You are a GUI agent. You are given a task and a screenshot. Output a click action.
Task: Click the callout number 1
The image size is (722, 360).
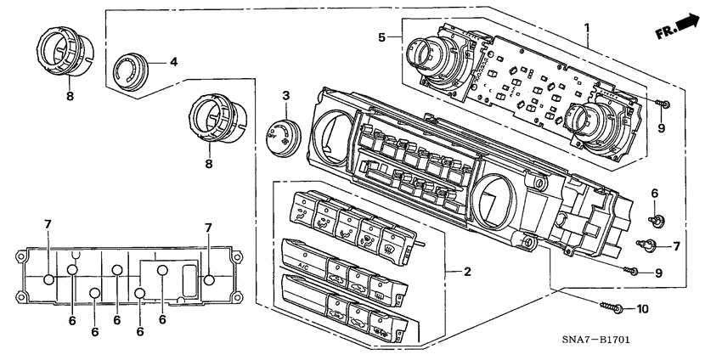point(587,28)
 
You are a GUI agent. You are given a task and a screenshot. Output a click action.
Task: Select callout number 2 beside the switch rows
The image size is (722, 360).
point(466,272)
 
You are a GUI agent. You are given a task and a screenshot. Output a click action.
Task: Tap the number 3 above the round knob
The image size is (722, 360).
point(286,94)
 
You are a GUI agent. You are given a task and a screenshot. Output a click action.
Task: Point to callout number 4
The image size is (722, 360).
point(173,61)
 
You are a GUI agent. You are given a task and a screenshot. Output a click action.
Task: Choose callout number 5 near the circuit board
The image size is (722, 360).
point(382,37)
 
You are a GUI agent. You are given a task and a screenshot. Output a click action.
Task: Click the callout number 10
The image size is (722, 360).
point(642,308)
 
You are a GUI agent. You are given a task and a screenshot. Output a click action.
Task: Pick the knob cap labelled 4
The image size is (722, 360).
point(132,68)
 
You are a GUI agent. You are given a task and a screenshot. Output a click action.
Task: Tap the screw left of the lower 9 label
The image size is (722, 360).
point(632,272)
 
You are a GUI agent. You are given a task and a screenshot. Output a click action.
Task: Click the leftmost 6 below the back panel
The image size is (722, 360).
point(72,320)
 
